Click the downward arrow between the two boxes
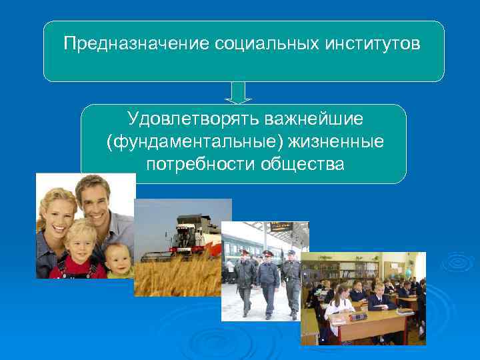(x=238, y=93)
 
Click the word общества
(x=301, y=164)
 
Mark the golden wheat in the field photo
(x=177, y=277)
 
